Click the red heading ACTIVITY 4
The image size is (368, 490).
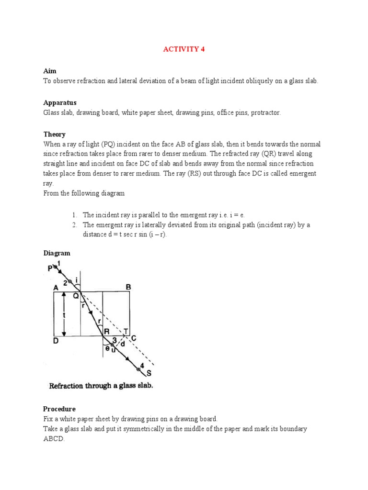pyautogui.click(x=184, y=49)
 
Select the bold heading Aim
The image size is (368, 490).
pyautogui.click(x=50, y=71)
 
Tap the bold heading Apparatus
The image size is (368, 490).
pyautogui.click(x=59, y=103)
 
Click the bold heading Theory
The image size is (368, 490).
pyautogui.click(x=54, y=134)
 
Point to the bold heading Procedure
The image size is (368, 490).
pyautogui.click(x=59, y=409)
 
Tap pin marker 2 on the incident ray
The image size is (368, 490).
pyautogui.click(x=66, y=282)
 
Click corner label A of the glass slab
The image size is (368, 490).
pyautogui.click(x=56, y=288)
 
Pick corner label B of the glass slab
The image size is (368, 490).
pyautogui.click(x=128, y=287)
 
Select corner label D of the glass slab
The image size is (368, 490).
pyautogui.click(x=56, y=341)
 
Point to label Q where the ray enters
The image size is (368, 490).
pyautogui.click(x=75, y=296)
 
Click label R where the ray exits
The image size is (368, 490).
pyautogui.click(x=106, y=332)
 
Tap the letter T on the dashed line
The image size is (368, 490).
pyautogui.click(x=126, y=332)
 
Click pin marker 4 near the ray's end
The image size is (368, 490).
pyautogui.click(x=142, y=365)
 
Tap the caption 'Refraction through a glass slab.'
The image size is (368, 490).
pyautogui.click(x=101, y=386)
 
